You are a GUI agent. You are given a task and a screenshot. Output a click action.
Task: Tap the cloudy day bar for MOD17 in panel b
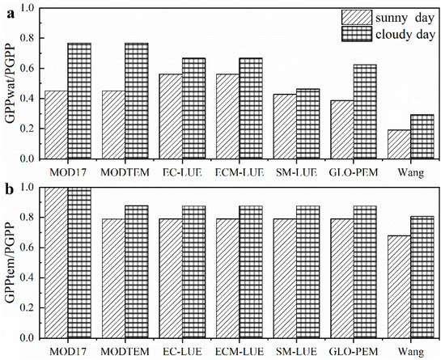coord(79,263)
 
